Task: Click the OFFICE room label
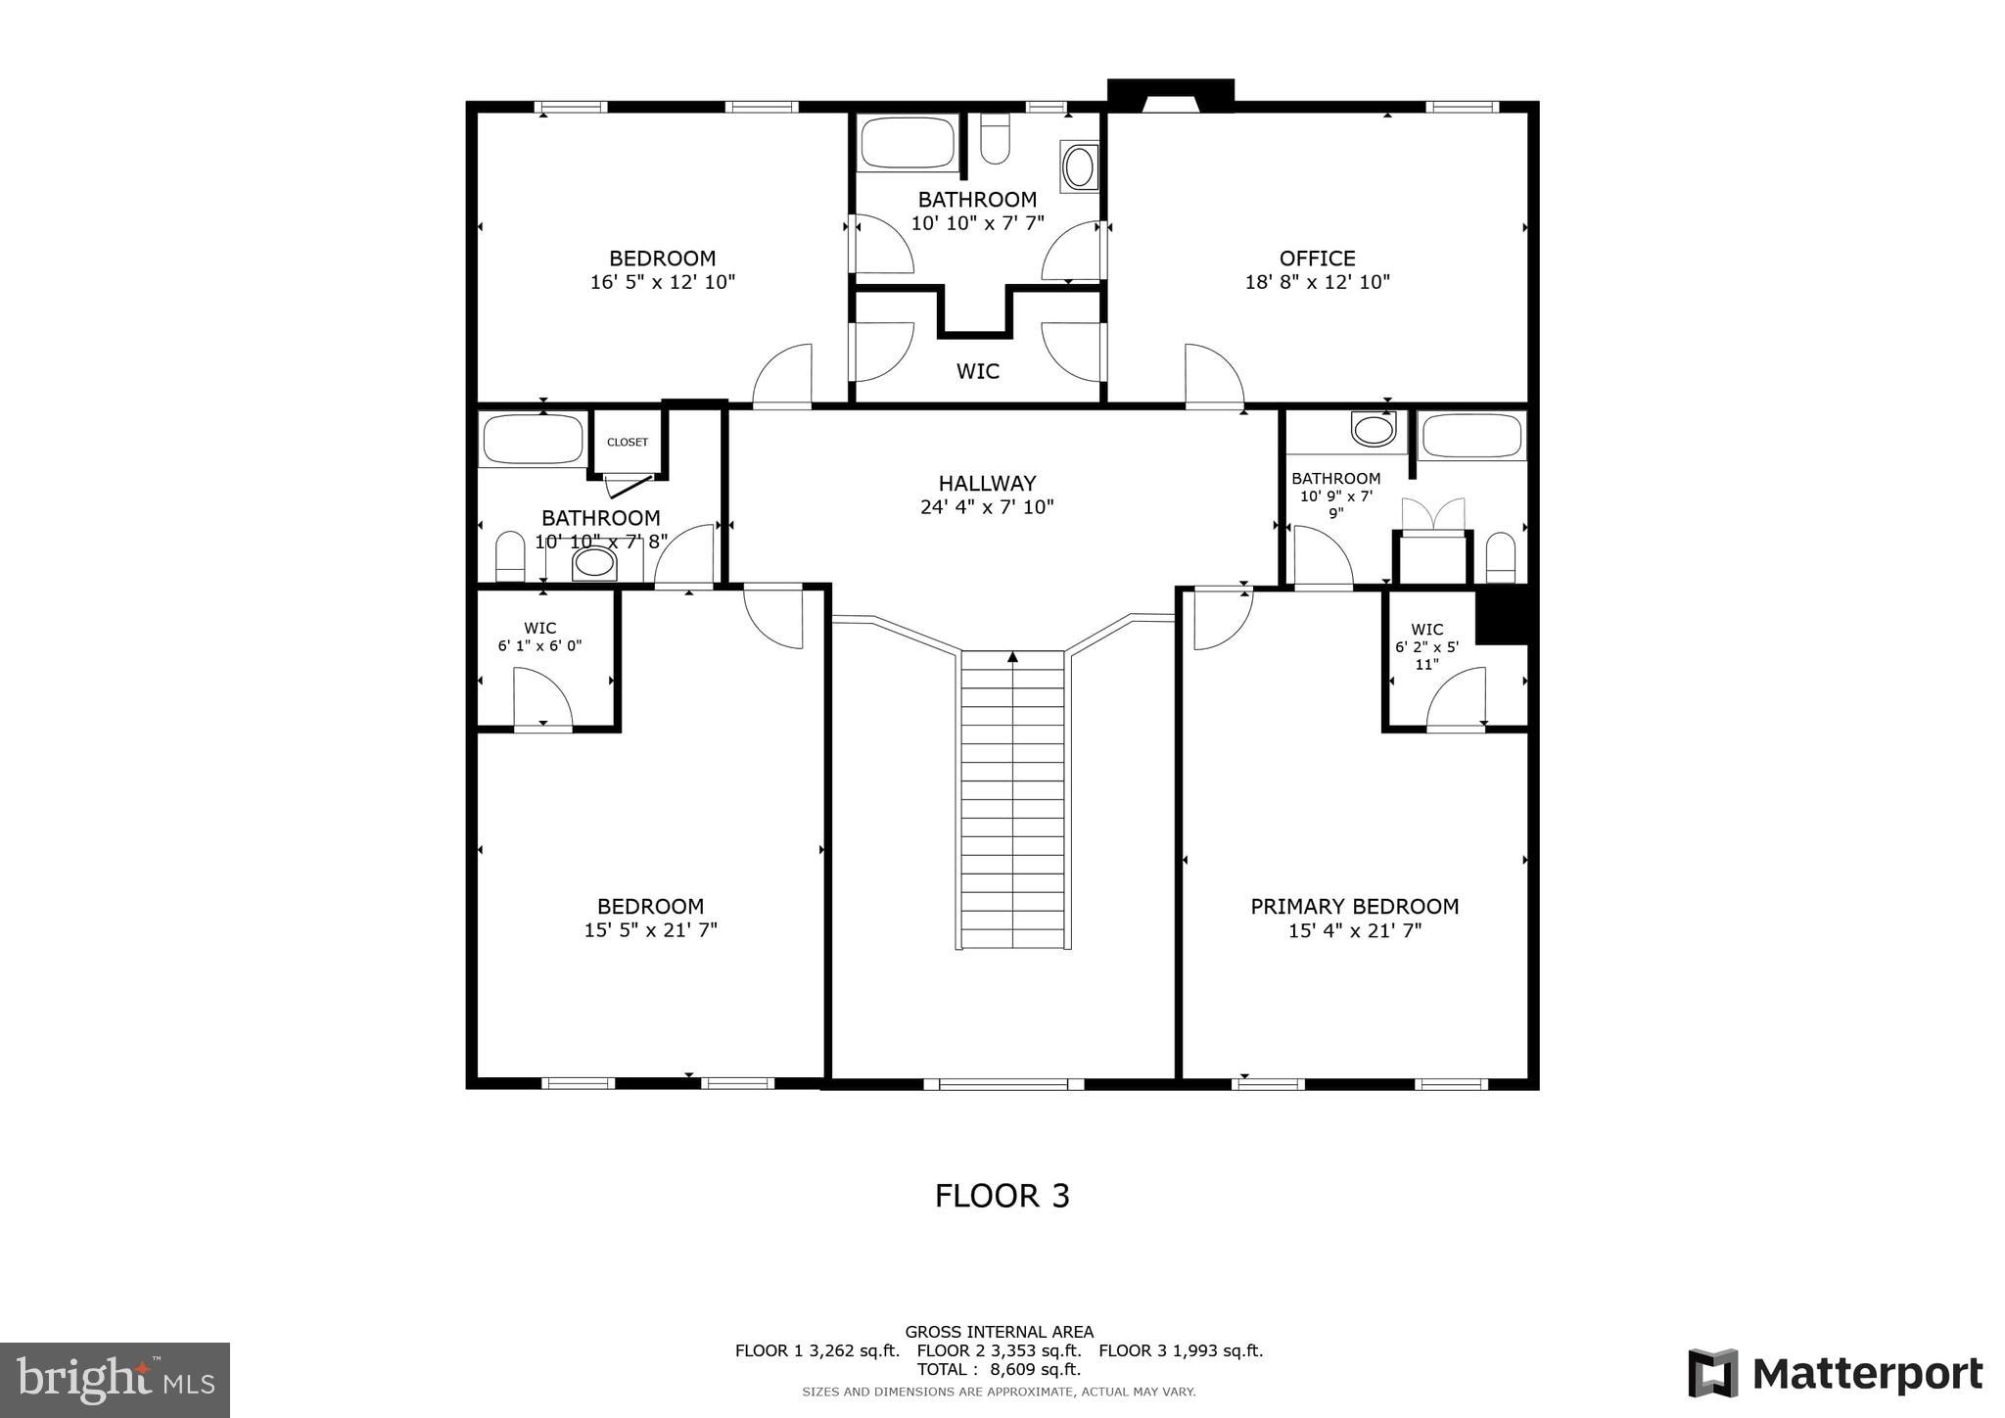point(1317,259)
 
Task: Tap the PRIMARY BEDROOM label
point(1354,907)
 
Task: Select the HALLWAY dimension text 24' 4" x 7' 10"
point(987,507)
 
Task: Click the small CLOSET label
point(627,443)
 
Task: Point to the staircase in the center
point(1012,798)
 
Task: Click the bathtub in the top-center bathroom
point(908,144)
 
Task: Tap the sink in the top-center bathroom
point(1079,166)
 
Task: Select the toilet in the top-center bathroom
point(995,139)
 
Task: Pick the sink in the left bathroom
point(594,563)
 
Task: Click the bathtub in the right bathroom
point(1472,436)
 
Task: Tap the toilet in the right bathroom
point(1501,558)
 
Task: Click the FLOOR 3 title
point(1002,1196)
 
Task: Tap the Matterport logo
point(1835,1374)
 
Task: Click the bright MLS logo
point(115,1380)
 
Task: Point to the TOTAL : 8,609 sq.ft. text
point(999,1369)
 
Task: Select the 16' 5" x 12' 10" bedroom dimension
point(662,282)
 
